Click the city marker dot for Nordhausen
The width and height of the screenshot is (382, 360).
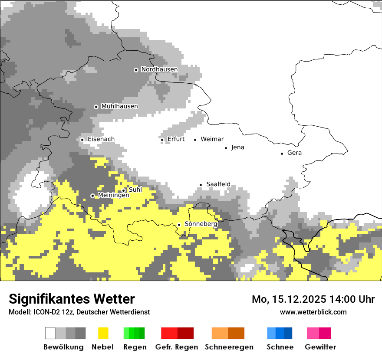pos(136,70)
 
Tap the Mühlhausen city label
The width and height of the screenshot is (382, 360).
pos(119,106)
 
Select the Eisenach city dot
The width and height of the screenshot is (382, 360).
pos(82,140)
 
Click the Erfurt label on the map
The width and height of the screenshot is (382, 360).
pos(176,139)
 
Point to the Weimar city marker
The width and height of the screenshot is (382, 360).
pos(195,140)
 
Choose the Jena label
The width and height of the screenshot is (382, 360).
pos(237,147)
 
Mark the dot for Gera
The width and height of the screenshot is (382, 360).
pos(282,153)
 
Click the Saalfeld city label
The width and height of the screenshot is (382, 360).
pos(218,184)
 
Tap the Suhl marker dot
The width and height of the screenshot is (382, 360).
pos(123,190)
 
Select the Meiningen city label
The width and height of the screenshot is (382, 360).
pos(113,196)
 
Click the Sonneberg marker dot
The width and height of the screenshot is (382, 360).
pos(179,225)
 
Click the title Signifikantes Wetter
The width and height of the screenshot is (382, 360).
pos(72,299)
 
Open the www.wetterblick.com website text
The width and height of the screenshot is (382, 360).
pos(313,312)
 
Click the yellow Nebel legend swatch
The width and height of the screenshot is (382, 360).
pos(103,333)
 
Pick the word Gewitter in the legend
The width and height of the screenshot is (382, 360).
pos(320,347)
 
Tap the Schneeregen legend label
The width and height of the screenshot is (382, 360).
pos(229,347)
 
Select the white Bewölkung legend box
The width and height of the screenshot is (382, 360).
pos(50,333)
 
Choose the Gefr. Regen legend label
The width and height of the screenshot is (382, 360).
pos(176,347)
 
